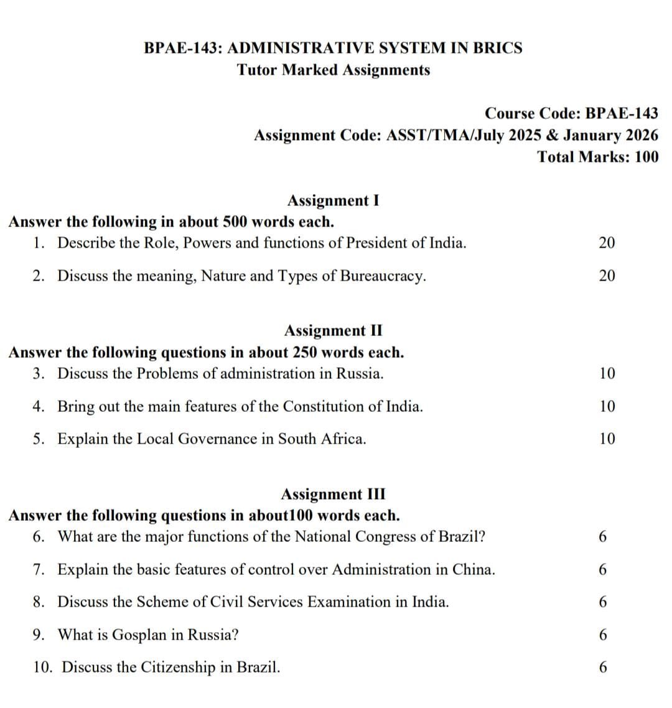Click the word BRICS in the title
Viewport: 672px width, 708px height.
(497, 48)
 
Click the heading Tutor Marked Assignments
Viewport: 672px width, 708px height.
(334, 70)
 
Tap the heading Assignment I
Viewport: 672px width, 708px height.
(333, 200)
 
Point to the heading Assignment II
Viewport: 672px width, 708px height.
(333, 330)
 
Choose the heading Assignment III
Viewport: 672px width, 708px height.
(333, 494)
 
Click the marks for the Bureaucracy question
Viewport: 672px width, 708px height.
(607, 276)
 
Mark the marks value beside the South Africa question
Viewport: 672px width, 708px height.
(607, 439)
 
